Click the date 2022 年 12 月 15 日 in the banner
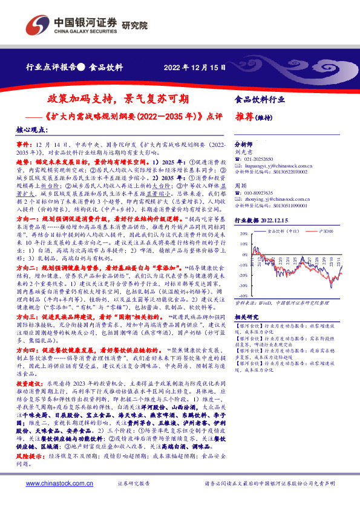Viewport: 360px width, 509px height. click(x=195, y=66)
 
